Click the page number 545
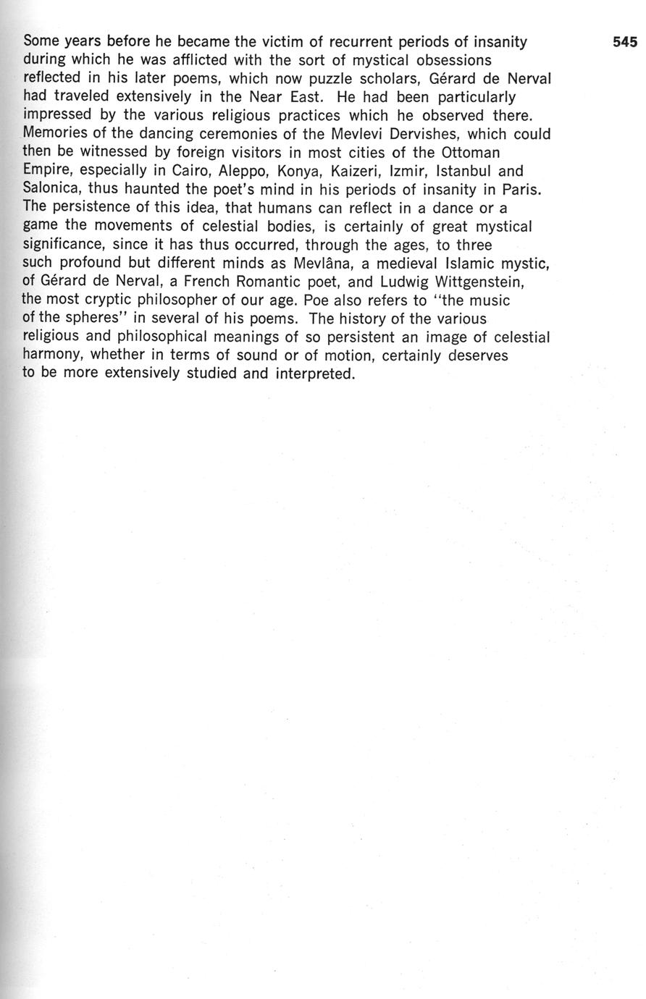point(624,42)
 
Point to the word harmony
point(53,356)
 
